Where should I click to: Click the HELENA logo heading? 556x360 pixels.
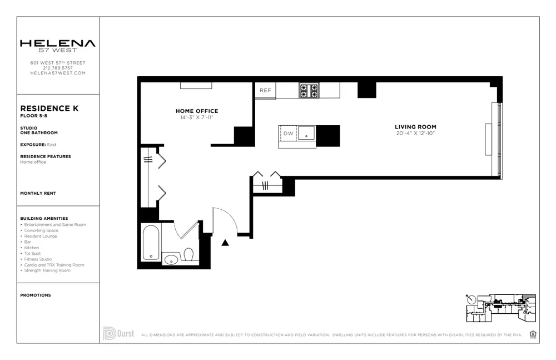pyautogui.click(x=57, y=43)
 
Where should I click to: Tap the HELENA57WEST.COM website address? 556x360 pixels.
pyautogui.click(x=58, y=73)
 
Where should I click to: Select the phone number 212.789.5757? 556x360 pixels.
pyautogui.click(x=58, y=68)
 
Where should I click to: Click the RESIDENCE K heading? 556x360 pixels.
pyautogui.click(x=49, y=109)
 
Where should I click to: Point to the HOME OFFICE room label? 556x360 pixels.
pyautogui.click(x=197, y=111)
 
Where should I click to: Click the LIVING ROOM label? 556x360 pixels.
pyautogui.click(x=415, y=127)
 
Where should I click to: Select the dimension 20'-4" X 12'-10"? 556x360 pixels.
pyautogui.click(x=415, y=134)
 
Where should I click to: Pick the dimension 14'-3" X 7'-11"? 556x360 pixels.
pyautogui.click(x=197, y=117)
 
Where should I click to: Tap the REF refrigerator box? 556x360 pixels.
pyautogui.click(x=265, y=91)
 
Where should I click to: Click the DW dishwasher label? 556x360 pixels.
pyautogui.click(x=288, y=134)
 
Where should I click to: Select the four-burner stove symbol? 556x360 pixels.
pyautogui.click(x=309, y=90)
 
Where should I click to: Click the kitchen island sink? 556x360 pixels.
pyautogui.click(x=306, y=133)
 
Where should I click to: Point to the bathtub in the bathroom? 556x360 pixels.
pyautogui.click(x=151, y=243)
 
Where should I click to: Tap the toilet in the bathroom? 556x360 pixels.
pyautogui.click(x=188, y=255)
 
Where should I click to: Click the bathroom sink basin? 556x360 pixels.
pyautogui.click(x=171, y=259)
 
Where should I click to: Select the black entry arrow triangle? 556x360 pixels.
pyautogui.click(x=225, y=243)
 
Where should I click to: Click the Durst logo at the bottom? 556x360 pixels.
pyautogui.click(x=118, y=334)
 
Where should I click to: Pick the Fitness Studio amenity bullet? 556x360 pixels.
pyautogui.click(x=38, y=259)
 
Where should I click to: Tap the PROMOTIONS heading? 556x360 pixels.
pyautogui.click(x=36, y=295)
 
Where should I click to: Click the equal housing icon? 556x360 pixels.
pyautogui.click(x=533, y=334)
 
